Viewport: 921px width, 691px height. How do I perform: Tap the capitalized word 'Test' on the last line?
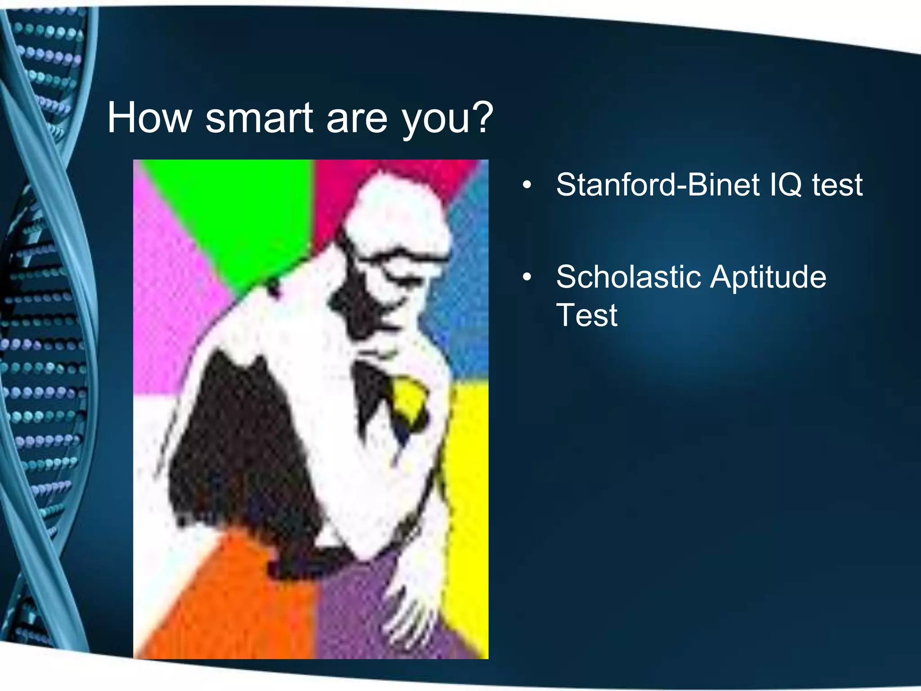tap(586, 315)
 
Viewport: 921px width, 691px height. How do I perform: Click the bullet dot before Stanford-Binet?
tap(527, 185)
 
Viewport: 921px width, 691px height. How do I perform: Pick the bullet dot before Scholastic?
tap(527, 277)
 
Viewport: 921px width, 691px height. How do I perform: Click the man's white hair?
tap(396, 202)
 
